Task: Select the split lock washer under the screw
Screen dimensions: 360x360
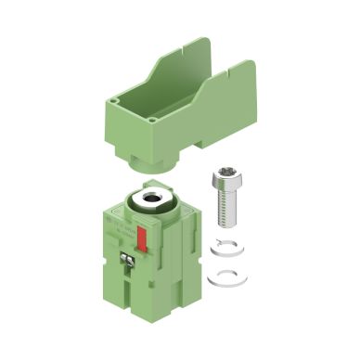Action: click(223, 247)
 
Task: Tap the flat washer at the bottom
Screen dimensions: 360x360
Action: click(221, 274)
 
